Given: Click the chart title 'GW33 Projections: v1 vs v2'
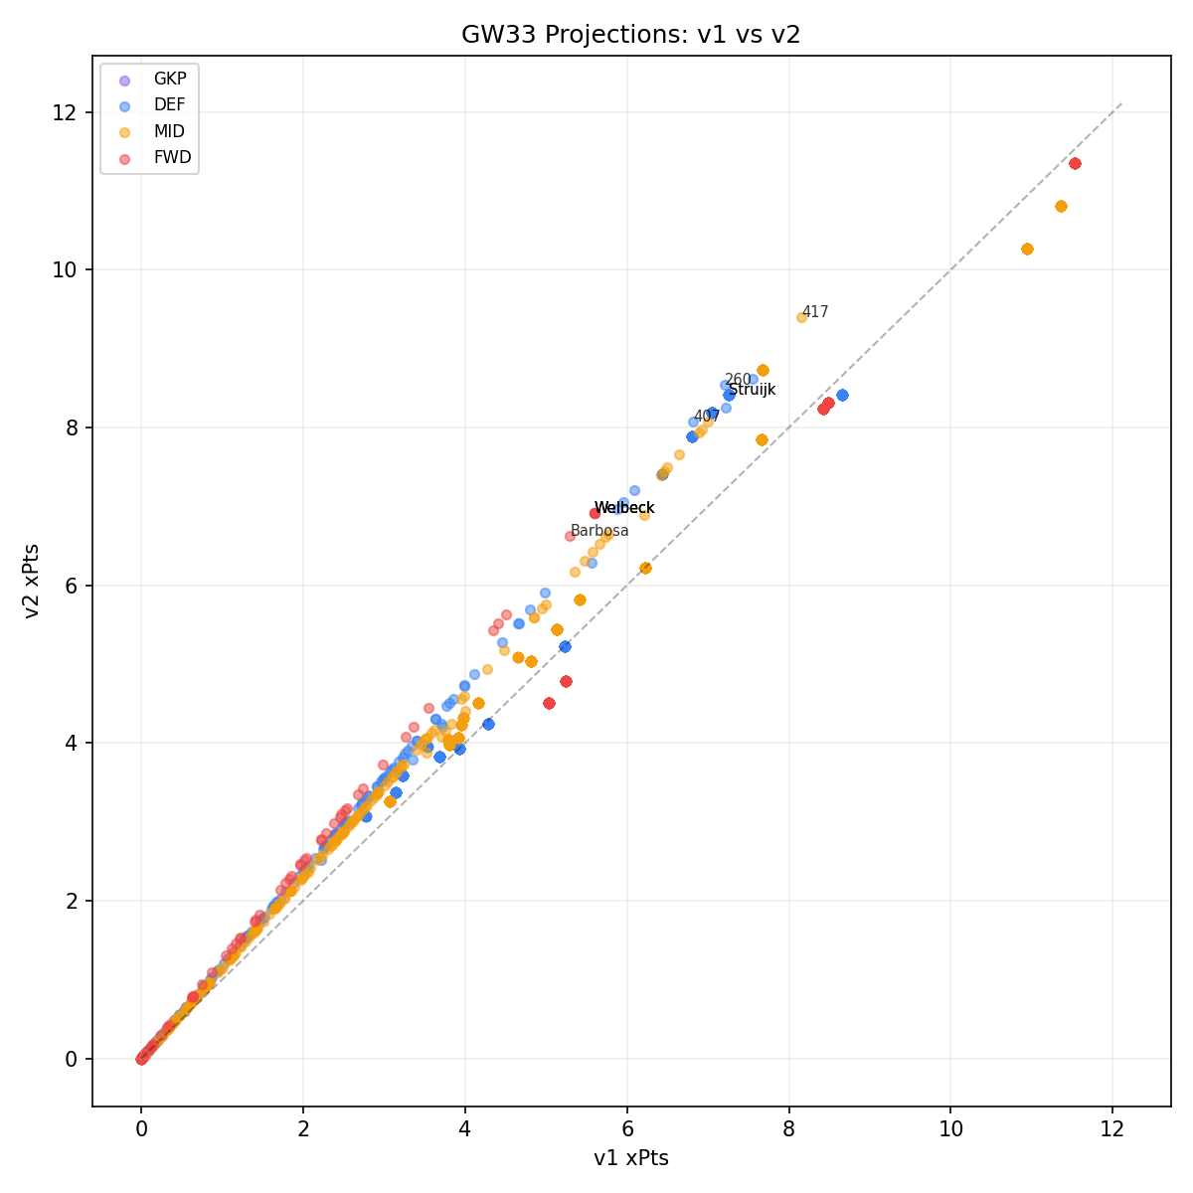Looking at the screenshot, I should click(630, 35).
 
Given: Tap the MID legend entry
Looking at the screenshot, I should click(169, 131).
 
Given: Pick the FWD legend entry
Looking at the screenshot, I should click(172, 157).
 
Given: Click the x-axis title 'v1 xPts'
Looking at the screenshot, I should click(630, 1159).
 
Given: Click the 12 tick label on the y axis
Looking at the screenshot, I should click(66, 112).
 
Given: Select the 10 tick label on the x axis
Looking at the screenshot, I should click(950, 1129).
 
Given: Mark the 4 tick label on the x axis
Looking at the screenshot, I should click(464, 1129).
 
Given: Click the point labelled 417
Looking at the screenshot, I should click(801, 317).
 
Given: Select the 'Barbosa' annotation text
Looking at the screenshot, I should click(599, 531).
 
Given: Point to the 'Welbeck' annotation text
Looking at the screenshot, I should click(624, 508).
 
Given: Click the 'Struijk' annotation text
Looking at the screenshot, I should click(752, 390).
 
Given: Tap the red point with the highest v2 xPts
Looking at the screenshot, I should click(1075, 163).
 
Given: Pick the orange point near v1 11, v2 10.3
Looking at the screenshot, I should click(1027, 249).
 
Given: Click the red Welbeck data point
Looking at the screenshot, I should click(595, 513).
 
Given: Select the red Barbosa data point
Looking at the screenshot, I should click(570, 536).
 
